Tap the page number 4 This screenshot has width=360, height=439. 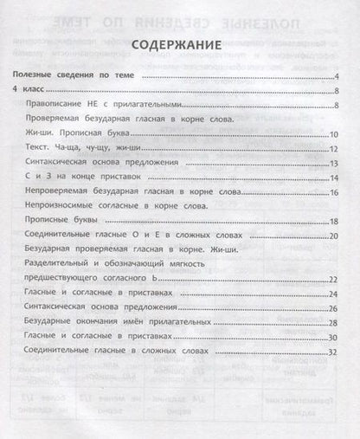click(x=334, y=78)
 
